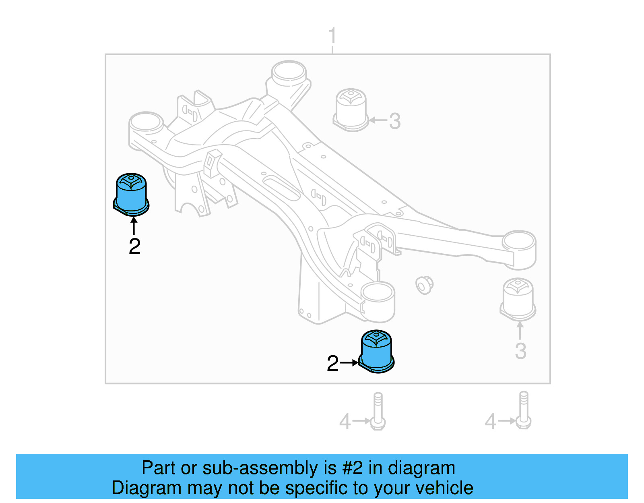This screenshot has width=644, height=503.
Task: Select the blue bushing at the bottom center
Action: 376,352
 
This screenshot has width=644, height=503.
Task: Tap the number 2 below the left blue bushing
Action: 134,246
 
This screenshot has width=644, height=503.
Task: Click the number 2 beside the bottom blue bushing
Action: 332,364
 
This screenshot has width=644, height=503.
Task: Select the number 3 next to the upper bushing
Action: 395,121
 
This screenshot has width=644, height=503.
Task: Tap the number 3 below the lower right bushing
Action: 520,351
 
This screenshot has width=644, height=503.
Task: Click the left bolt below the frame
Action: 378,411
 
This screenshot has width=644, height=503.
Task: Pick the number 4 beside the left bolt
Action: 345,422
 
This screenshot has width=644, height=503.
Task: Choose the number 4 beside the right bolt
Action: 490,422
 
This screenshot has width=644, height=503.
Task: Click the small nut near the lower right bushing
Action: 424,285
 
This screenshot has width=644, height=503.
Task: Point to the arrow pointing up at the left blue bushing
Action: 134,226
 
